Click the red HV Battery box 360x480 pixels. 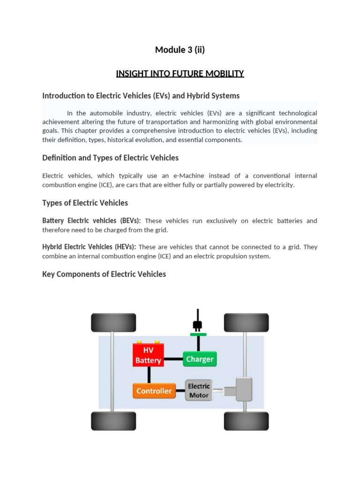[x=148, y=355]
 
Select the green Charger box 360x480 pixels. [x=200, y=360]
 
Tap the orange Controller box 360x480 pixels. [x=154, y=391]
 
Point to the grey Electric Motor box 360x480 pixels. [x=199, y=390]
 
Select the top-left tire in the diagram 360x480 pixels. [x=113, y=322]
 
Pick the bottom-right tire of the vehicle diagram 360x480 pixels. [x=246, y=421]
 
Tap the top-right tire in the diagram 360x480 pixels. [x=246, y=322]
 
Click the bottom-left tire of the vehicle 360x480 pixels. [x=113, y=421]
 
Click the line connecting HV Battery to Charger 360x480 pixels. [x=173, y=360]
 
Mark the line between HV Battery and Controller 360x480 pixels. [x=149, y=375]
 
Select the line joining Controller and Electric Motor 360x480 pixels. [x=180, y=391]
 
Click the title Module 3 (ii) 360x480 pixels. [x=180, y=50]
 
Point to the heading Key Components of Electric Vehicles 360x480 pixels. [x=104, y=274]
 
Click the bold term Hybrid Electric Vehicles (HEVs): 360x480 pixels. [x=89, y=247]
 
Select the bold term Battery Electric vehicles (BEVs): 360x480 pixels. [x=91, y=221]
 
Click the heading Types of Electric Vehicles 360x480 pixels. [x=85, y=203]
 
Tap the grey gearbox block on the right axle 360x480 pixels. [x=244, y=389]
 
